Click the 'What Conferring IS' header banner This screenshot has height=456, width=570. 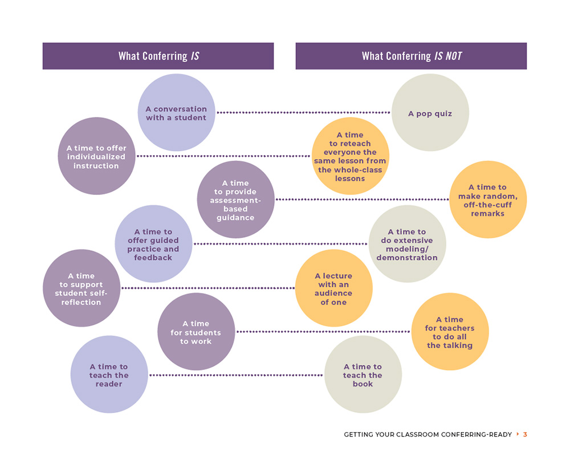pos(158,56)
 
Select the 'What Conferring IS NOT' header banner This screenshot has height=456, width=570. pos(411,56)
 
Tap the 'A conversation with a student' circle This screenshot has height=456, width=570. pos(176,113)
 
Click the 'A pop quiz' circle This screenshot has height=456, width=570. pos(430,113)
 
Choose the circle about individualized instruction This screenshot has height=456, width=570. pos(96,156)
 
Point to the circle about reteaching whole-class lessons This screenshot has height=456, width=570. pos(350,156)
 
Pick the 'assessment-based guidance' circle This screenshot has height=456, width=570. pos(235,199)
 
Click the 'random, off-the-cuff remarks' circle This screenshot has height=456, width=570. pos(487,199)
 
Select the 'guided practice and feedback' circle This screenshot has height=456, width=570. pos(153,244)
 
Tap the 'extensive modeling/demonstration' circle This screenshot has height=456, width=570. pos(407,244)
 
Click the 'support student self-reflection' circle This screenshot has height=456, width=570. pos(82,288)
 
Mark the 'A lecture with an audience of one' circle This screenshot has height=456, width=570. pos(333,288)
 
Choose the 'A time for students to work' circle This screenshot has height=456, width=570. pos(196,332)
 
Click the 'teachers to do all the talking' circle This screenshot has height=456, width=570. pos(450,332)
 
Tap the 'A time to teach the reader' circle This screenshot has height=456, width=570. pos(109,374)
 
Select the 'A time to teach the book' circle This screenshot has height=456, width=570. pos(363,374)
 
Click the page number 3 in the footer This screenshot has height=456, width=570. pos(525,434)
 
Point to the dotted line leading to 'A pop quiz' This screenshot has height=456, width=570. pos(302,113)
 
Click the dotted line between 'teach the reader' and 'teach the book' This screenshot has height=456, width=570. pos(236,375)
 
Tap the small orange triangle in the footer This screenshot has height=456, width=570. pos(518,434)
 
